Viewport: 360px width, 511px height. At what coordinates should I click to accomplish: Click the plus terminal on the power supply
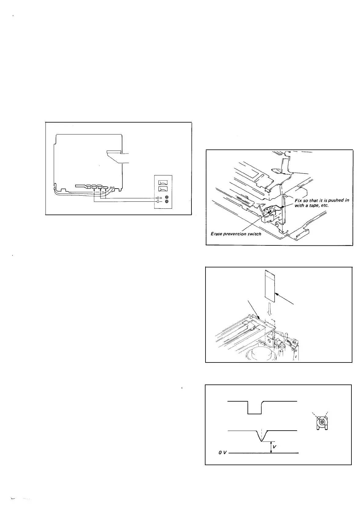pos(158,198)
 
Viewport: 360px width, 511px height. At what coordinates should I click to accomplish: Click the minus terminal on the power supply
pos(158,202)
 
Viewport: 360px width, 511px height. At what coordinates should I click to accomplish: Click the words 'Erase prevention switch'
pos(236,234)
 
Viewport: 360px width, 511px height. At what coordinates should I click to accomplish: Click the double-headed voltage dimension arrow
pos(271,447)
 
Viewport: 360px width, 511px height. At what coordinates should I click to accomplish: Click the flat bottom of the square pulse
pos(255,414)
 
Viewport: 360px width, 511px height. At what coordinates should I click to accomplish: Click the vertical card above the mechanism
pos(270,286)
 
